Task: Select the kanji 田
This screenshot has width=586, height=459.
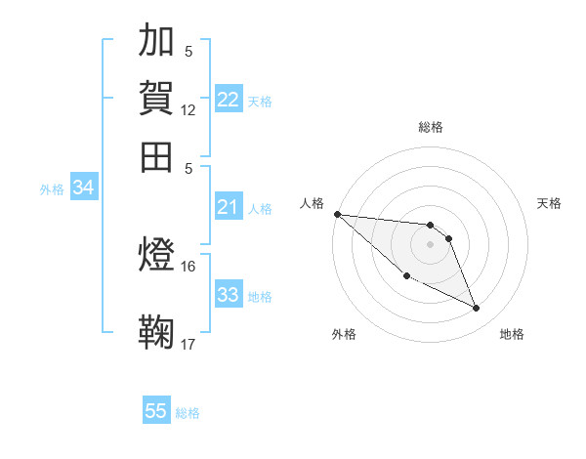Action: [156, 156]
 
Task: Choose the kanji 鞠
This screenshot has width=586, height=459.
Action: [156, 332]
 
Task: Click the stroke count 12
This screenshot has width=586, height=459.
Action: [188, 110]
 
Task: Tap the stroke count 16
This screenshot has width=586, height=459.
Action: [188, 266]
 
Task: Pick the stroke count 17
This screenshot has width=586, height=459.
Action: [188, 344]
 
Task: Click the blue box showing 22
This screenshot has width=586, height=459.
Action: [229, 100]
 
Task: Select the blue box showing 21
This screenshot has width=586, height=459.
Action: [229, 207]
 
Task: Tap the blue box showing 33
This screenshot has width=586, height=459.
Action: [229, 295]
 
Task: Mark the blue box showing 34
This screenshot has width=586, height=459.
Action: [83, 188]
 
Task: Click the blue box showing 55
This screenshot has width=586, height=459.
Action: [156, 411]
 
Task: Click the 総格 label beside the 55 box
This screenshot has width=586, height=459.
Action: [188, 413]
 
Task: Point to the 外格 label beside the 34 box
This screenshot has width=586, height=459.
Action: [52, 189]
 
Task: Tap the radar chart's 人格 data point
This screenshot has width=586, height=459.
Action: [337, 214]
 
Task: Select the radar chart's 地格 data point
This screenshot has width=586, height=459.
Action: [477, 309]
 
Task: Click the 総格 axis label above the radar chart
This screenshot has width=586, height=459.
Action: [430, 127]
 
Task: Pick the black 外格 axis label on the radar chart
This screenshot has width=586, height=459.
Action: [344, 334]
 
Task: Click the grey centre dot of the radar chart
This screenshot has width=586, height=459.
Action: [430, 243]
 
